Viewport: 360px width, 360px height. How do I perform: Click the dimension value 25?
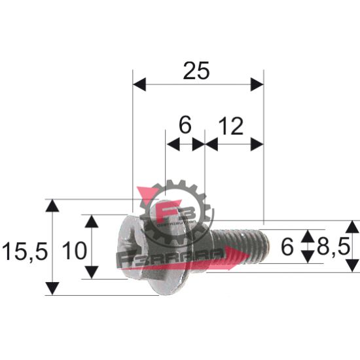197,70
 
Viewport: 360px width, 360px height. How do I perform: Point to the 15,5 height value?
24,249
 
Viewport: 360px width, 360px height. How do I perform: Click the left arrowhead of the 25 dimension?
139,84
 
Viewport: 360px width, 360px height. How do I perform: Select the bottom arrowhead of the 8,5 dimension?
352,264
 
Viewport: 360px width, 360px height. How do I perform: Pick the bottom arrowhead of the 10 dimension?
93,271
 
